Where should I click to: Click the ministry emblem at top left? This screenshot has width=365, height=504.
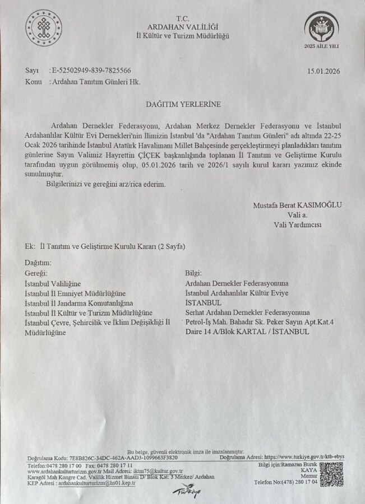click(x=44, y=27)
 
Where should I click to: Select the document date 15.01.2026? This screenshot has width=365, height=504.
click(x=324, y=71)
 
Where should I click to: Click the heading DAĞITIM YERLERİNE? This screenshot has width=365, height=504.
click(x=183, y=104)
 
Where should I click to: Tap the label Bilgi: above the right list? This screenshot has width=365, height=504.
click(x=193, y=274)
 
